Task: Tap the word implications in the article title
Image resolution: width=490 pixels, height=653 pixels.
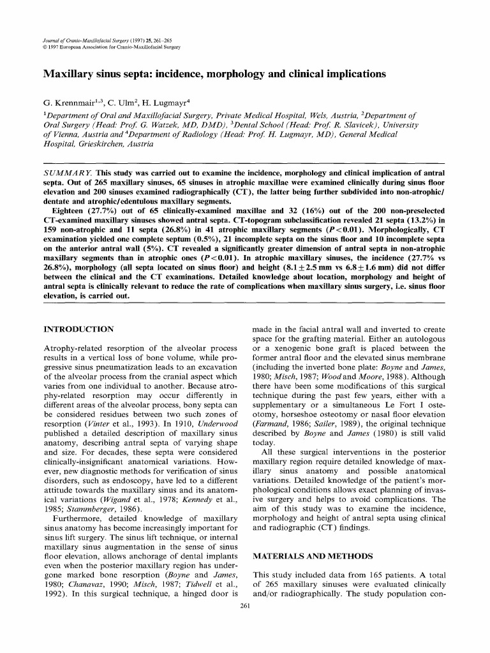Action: [x=351, y=74]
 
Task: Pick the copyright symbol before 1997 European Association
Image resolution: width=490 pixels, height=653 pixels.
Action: [x=44, y=47]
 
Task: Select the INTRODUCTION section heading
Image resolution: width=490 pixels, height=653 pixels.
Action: [x=78, y=329]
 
